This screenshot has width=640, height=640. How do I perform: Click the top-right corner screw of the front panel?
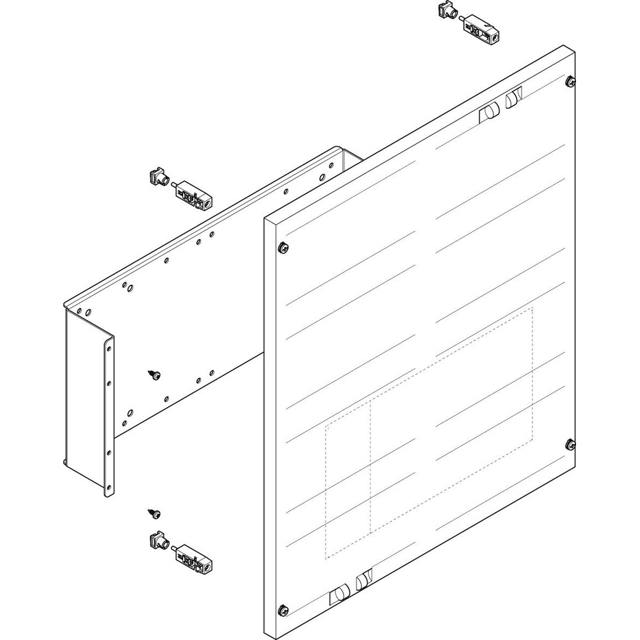pyautogui.click(x=570, y=81)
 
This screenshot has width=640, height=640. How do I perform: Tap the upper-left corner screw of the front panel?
pyautogui.click(x=282, y=246)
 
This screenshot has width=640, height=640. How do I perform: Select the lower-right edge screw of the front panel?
pyautogui.click(x=570, y=444)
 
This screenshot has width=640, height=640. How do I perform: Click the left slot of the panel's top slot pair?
pyautogui.click(x=488, y=112)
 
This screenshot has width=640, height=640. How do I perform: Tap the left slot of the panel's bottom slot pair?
pyautogui.click(x=337, y=596)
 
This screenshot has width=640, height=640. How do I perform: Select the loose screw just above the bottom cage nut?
pyautogui.click(x=155, y=513)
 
